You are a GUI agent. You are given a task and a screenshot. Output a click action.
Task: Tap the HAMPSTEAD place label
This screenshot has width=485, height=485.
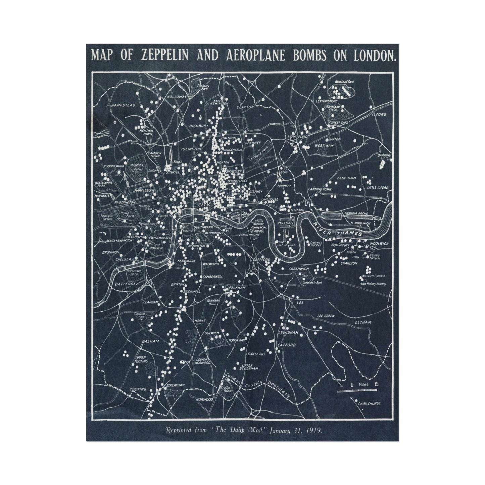(123, 105)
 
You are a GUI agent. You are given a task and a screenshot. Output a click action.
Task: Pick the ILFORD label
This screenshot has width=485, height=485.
(379, 114)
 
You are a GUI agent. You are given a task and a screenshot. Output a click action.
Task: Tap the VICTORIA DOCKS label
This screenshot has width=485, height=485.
(356, 213)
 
